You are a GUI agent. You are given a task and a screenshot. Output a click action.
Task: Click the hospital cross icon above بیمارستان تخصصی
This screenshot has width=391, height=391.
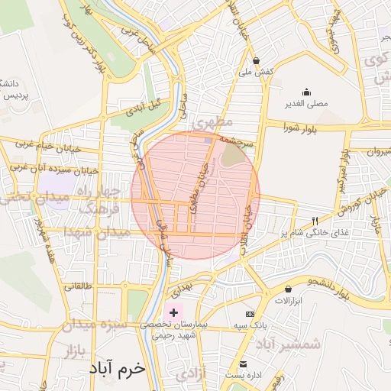pyautogui.click(x=173, y=312)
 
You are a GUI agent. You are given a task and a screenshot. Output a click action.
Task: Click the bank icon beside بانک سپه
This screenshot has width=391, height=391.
pyautogui.click(x=250, y=314)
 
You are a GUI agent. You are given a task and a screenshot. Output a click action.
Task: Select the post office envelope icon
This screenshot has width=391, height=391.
pyautogui.click(x=244, y=364)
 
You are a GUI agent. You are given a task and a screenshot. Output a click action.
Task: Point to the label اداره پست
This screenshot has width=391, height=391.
pyautogui.click(x=244, y=376)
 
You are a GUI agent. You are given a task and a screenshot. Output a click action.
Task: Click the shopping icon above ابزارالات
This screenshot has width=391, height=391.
pyautogui.click(x=288, y=289)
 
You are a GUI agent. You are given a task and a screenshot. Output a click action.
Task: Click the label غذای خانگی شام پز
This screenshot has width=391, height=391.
pyautogui.click(x=312, y=232)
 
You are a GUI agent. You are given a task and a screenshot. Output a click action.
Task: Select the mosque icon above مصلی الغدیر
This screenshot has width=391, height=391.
pyautogui.click(x=306, y=92)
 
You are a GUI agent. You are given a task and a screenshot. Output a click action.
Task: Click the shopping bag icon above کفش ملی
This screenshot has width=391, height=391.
pyautogui.click(x=256, y=60)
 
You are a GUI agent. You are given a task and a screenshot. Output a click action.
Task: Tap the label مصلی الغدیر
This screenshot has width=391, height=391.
pyautogui.click(x=306, y=103)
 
